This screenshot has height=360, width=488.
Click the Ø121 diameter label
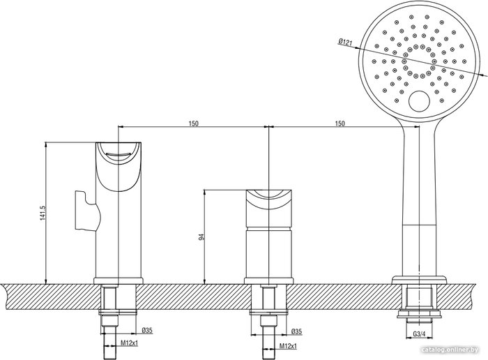[345, 42]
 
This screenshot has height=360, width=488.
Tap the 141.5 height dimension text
[43, 213]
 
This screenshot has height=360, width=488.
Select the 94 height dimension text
[201, 237]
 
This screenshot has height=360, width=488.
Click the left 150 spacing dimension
[193, 123]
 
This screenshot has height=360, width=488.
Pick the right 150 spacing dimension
[340, 123]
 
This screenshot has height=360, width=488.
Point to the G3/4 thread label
[419, 334]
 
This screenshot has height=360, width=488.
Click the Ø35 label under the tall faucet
[147, 331]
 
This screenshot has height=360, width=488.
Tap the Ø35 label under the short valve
[296, 332]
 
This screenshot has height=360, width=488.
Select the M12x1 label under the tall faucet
[130, 343]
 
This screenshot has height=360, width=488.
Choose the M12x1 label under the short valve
[288, 345]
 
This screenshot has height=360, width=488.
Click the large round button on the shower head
[419, 101]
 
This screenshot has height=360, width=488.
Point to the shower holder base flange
[419, 280]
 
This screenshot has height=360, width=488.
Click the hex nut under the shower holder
[419, 313]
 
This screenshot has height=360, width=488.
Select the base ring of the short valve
[268, 281]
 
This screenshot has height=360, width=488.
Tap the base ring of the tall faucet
[119, 281]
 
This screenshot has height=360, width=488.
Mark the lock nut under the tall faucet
[119, 312]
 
